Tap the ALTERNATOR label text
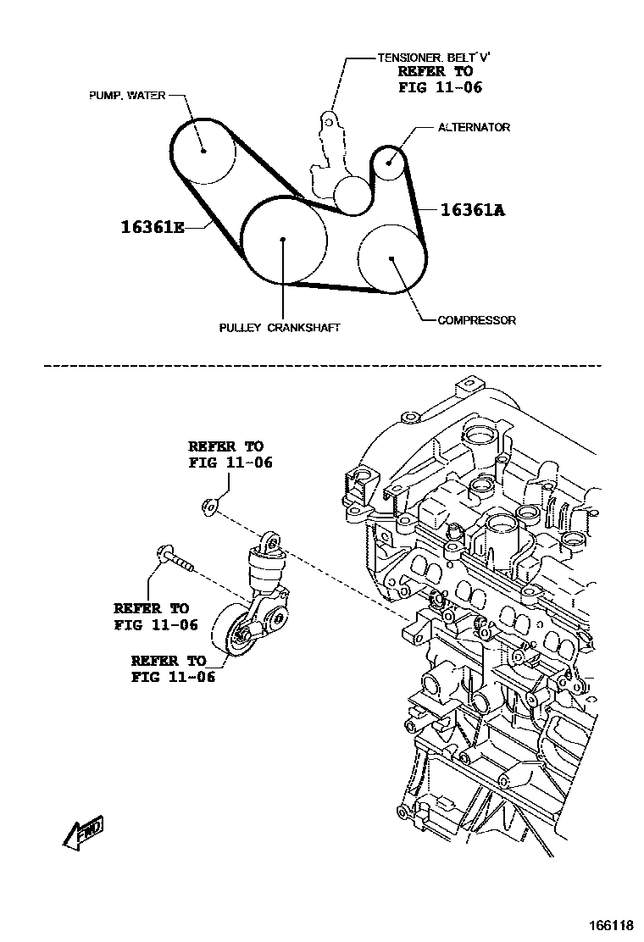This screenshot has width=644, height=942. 474,127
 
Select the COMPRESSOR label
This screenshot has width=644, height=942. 476,320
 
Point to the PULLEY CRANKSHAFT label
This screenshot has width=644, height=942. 279,327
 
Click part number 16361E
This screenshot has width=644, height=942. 152,227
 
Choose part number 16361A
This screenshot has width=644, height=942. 472,210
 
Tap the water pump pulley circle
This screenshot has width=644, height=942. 204,151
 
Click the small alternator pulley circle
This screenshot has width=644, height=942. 389,160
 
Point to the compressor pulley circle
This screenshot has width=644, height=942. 391,258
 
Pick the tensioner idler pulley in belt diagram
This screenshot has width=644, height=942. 352,195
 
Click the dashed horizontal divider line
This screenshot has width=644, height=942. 322,367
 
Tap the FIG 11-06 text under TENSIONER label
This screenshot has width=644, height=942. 440,87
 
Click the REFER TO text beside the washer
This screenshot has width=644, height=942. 225,446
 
